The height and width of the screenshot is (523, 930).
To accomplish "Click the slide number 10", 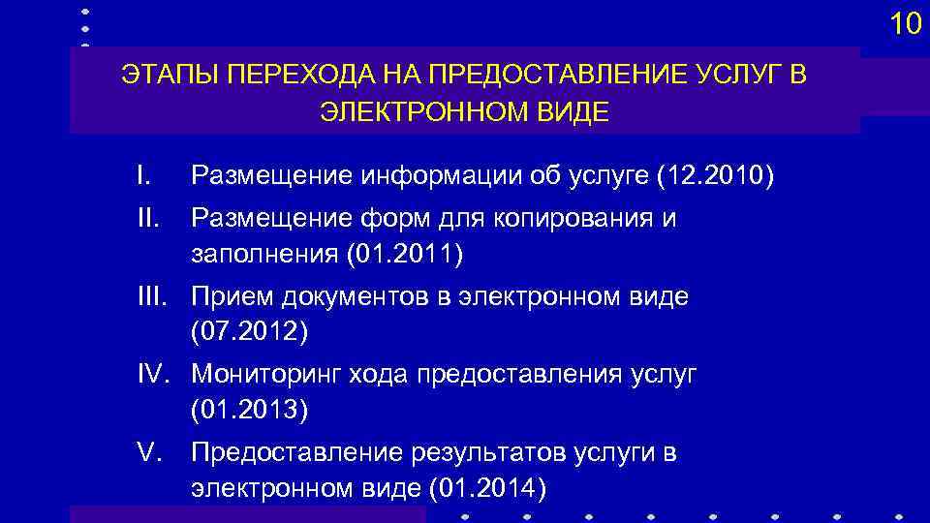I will pyautogui.click(x=906, y=24).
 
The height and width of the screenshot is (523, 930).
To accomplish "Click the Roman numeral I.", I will pyautogui.click(x=142, y=175).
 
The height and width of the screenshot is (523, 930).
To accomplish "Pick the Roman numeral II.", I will pyautogui.click(x=146, y=218).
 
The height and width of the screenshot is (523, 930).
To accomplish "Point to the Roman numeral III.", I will pyautogui.click(x=152, y=296).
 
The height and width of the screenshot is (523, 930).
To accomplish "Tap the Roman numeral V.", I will pyautogui.click(x=147, y=451).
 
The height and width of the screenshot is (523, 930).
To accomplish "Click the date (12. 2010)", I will pyautogui.click(x=715, y=176).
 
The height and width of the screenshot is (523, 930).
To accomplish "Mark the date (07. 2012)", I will pyautogui.click(x=249, y=332).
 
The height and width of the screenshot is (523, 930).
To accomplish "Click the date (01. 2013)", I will pyautogui.click(x=249, y=410).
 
